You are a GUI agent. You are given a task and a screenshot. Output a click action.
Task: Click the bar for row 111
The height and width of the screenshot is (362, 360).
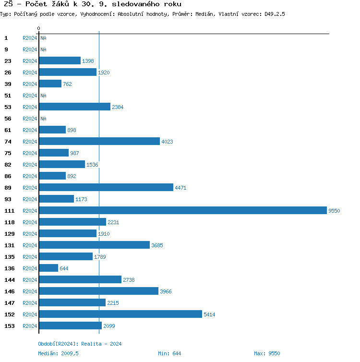click(182, 210)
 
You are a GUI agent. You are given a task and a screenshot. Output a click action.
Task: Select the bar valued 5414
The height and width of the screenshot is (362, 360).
click(120, 314)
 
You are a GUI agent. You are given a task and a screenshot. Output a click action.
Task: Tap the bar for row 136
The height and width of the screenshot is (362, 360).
click(48, 268)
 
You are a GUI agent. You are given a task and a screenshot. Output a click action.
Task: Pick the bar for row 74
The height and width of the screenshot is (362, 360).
click(99, 141)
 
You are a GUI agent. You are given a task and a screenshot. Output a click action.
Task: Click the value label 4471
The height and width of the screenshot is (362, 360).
click(180, 188)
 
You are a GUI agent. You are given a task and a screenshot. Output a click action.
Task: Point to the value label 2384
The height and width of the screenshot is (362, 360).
click(118, 107)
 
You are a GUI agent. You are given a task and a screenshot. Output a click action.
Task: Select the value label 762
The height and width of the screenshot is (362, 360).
click(67, 84)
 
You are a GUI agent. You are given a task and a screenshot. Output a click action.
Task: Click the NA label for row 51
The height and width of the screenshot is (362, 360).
click(43, 96)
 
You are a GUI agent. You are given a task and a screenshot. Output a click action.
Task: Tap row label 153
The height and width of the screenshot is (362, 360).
click(10, 326)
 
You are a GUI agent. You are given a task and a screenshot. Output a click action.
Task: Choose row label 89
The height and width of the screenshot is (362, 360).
click(8, 188)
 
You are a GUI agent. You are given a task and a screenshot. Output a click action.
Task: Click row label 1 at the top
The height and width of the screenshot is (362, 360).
click(6, 38)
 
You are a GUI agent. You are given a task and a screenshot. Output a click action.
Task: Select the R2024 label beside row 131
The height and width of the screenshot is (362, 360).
click(30, 245)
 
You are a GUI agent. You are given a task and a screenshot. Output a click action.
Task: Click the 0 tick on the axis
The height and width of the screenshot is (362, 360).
click(38, 29)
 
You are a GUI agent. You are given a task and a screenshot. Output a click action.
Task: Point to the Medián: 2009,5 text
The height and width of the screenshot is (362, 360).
click(58, 353)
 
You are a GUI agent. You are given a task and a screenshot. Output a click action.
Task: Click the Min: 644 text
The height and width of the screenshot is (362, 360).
click(169, 353)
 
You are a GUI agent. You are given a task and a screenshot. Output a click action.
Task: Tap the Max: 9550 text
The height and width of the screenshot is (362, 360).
click(267, 353)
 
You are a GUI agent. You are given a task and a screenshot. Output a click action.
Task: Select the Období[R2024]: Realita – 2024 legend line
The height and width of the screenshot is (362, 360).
click(80, 344)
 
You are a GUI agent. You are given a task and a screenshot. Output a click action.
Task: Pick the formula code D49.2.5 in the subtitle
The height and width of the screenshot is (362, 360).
click(275, 14)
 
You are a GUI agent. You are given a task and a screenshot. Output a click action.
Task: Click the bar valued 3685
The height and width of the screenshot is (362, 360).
click(94, 245)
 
